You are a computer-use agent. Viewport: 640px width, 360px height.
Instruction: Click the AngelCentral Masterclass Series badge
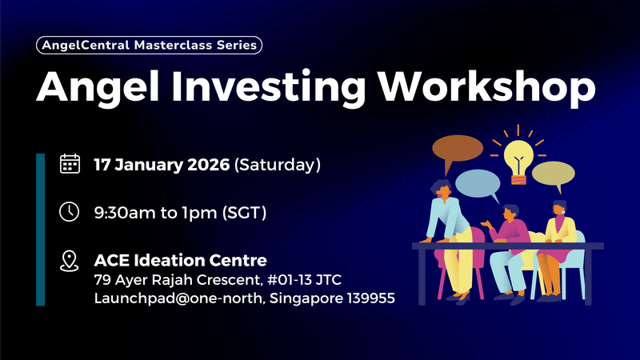[150, 46]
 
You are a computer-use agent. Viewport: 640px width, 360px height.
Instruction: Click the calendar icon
[70, 165]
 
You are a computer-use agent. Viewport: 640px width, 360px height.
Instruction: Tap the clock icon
[70, 213]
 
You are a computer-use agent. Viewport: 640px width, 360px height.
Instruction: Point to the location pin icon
[70, 261]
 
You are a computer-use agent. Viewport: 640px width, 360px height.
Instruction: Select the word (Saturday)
[277, 166]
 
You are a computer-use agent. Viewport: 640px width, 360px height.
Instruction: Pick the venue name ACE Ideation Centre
[180, 260]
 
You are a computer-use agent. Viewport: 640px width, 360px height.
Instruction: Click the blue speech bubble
[479, 184]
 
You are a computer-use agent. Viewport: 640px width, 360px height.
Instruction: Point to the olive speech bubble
[553, 174]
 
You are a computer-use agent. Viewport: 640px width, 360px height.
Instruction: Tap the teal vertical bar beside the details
[40, 230]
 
